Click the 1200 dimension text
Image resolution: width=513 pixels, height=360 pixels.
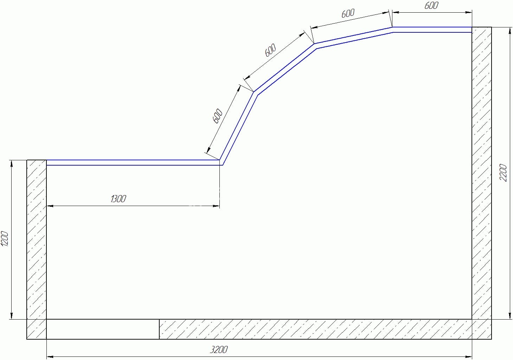5,239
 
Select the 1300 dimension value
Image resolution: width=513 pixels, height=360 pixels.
118,199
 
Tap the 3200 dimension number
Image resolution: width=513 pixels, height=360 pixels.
219,350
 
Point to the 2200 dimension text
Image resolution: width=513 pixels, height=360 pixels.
503,173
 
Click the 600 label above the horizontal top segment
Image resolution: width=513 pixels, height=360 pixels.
431,6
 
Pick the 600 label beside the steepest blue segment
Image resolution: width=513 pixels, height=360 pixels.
218,116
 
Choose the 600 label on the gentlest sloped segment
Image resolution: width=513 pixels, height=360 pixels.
348,13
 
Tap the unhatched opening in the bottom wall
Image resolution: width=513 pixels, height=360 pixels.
103,329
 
